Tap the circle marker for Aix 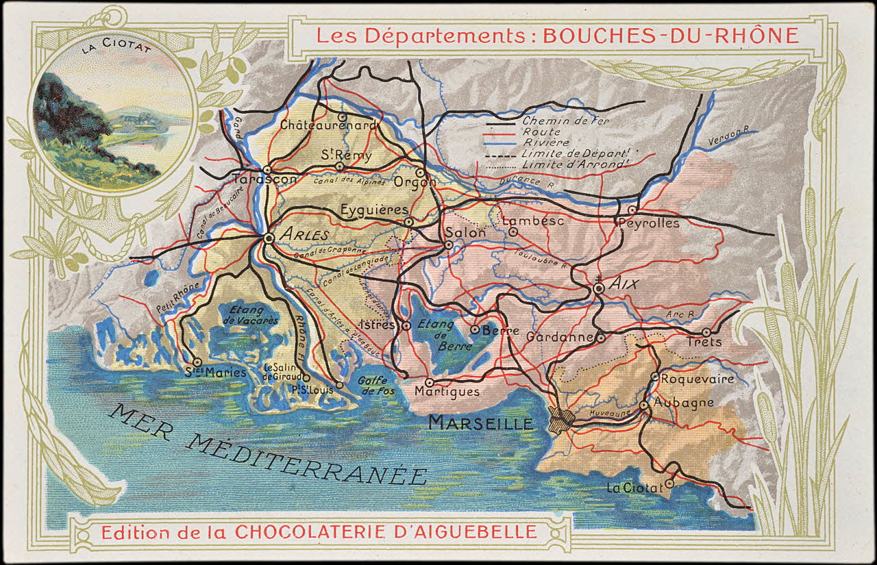coord(599,289)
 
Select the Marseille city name coord(480,423)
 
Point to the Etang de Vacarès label coord(254,316)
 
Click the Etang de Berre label coord(436,335)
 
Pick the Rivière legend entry coord(545,142)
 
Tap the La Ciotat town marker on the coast coord(669,483)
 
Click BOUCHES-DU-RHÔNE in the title coord(671,36)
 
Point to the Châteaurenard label coord(328,126)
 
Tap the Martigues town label coord(447,392)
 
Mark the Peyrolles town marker coord(632,210)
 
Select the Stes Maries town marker coord(197,362)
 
